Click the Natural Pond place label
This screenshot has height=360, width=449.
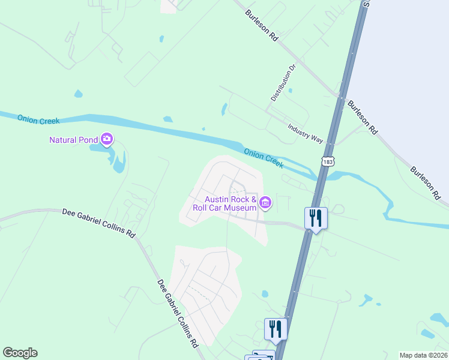pyautogui.click(x=73, y=140)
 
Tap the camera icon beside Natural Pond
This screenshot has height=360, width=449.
pyautogui.click(x=107, y=140)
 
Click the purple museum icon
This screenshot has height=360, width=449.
pyautogui.click(x=265, y=204)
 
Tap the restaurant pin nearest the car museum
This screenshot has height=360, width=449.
pyautogui.click(x=316, y=218)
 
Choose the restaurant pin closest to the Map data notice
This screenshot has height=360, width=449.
pyautogui.click(x=276, y=329)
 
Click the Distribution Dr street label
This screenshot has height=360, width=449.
pyautogui.click(x=284, y=83)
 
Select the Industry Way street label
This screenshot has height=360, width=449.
pyautogui.click(x=305, y=133)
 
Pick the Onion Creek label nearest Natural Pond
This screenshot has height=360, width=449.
pyautogui.click(x=38, y=120)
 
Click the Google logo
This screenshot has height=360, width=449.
pyautogui.click(x=20, y=353)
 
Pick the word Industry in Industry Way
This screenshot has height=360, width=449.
pyautogui.click(x=298, y=130)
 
